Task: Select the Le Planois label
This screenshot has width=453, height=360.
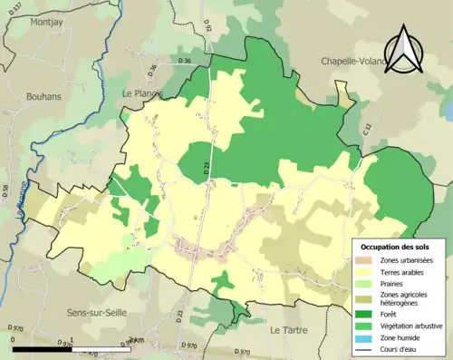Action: (140, 93)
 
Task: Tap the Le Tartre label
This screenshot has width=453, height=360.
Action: (288, 330)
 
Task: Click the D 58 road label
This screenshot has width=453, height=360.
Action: (5, 191)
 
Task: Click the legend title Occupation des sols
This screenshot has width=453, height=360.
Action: (397, 247)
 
